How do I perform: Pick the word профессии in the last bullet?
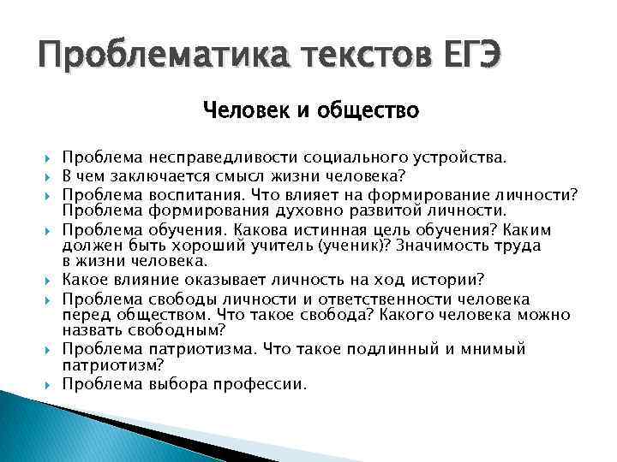click(262, 384)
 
